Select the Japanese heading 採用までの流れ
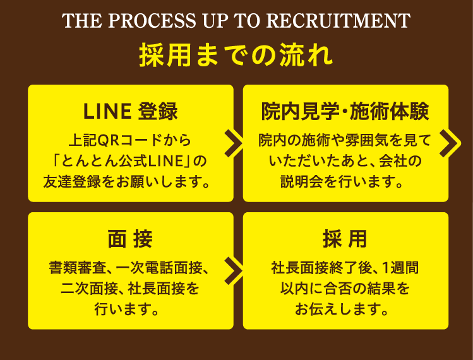[x=236, y=56]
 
